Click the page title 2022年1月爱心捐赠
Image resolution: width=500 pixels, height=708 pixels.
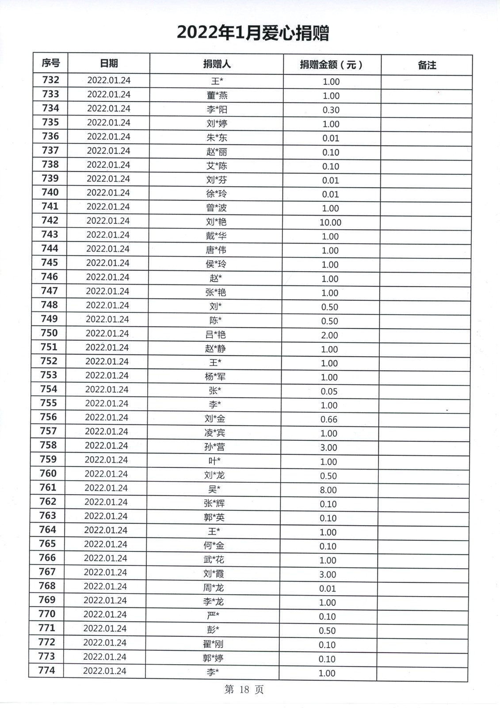click(253, 33)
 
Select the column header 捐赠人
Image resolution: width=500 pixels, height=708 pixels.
click(217, 64)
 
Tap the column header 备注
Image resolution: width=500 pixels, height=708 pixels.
click(427, 65)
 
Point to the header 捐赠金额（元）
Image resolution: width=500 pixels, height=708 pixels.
click(332, 65)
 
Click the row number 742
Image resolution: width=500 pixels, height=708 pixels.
click(50, 220)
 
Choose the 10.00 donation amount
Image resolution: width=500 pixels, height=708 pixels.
click(330, 223)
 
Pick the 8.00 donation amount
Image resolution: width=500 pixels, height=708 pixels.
click(328, 490)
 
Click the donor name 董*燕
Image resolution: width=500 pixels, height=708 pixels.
click(217, 96)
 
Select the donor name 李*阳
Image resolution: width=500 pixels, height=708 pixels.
click(217, 110)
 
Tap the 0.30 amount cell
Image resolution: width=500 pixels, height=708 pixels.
click(331, 110)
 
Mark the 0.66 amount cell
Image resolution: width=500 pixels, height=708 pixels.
click(329, 419)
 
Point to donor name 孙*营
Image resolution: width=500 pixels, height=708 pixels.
click(214, 447)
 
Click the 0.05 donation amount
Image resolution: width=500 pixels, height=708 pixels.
click(329, 392)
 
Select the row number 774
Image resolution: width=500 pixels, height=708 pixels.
click(47, 670)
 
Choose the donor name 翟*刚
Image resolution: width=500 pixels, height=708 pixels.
click(213, 644)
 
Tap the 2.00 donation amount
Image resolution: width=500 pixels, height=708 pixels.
click(329, 335)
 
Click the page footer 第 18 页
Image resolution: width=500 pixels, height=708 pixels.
click(244, 689)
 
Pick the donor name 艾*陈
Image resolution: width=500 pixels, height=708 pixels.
click(217, 166)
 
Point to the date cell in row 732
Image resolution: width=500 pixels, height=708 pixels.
click(109, 81)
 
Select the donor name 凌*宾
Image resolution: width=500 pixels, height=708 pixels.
click(215, 433)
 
